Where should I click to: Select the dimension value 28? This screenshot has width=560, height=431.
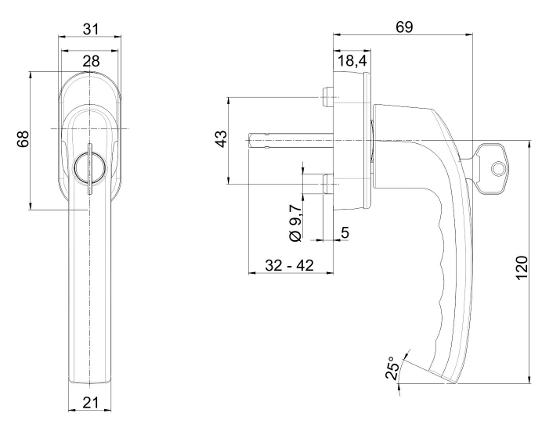point(91,61)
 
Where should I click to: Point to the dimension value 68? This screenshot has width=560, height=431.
point(23,140)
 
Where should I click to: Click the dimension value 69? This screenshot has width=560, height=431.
point(404,27)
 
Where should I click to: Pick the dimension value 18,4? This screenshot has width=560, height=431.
point(352,61)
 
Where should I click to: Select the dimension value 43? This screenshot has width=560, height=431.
point(222,140)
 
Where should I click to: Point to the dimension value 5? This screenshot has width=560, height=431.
point(345,232)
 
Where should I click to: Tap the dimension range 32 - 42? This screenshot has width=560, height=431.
point(289,265)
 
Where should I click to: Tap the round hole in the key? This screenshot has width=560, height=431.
point(497,166)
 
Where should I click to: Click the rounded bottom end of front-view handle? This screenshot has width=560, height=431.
point(91,379)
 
